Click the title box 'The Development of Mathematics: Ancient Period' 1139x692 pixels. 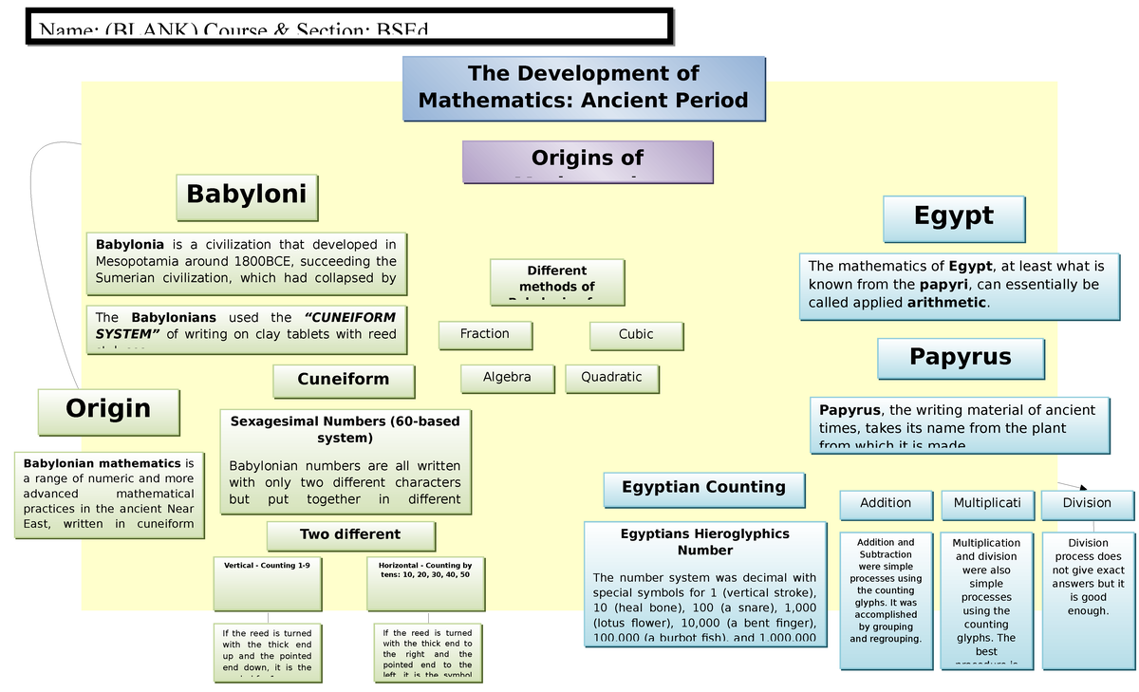(584, 87)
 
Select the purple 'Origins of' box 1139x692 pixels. (588, 160)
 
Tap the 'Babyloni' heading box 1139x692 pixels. (247, 196)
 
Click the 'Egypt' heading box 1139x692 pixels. (954, 217)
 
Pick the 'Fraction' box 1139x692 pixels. (485, 334)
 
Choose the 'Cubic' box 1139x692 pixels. (636, 334)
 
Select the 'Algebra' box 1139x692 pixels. (507, 378)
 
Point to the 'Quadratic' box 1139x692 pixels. (611, 378)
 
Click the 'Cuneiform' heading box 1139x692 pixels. (344, 380)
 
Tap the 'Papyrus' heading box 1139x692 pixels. (961, 358)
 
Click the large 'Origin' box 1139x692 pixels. (108, 410)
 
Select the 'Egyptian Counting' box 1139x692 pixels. (704, 488)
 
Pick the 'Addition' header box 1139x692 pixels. (886, 504)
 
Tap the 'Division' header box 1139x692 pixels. (1087, 504)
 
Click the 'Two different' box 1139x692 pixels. (350, 534)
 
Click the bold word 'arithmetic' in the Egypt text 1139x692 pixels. (947, 303)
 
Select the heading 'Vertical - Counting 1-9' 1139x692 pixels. (267, 565)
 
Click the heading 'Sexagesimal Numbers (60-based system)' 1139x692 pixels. (345, 429)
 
